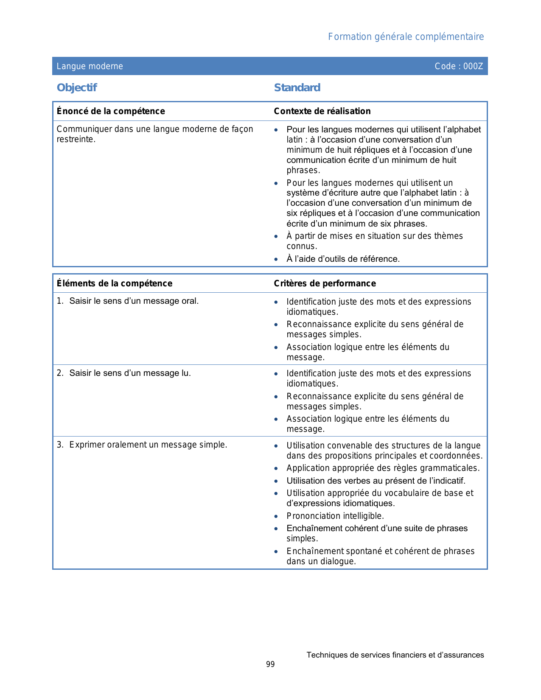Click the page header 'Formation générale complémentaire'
(406, 37)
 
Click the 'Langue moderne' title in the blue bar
(90, 66)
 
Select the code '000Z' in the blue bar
(473, 66)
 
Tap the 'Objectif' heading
(77, 87)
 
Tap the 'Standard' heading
(297, 87)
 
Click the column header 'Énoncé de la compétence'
(111, 111)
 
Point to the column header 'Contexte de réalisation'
(322, 111)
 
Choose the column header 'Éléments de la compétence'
(115, 283)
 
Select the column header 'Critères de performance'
(325, 283)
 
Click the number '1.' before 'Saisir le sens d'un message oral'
(60, 301)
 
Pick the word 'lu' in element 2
(185, 373)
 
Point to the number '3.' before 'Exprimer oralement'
(60, 445)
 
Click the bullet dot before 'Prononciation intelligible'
(276, 516)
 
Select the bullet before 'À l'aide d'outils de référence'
(276, 259)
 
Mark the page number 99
(270, 664)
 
